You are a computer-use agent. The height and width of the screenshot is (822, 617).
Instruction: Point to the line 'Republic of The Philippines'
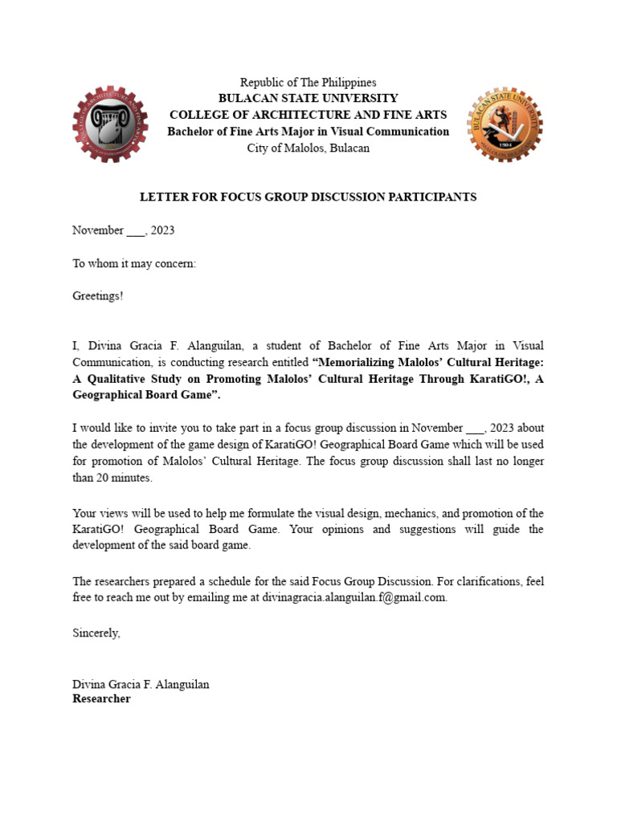pos(308,83)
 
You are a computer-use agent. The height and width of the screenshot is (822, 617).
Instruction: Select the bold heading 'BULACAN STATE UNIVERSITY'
pos(308,98)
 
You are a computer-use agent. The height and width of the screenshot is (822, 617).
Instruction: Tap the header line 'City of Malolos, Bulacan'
pos(308,149)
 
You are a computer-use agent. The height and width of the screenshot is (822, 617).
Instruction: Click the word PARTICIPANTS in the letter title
pos(434,197)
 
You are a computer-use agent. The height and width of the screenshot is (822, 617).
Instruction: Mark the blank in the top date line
pos(136,230)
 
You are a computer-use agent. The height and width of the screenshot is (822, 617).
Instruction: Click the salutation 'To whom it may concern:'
pos(134,263)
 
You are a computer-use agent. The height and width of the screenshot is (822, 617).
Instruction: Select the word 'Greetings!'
pos(98,296)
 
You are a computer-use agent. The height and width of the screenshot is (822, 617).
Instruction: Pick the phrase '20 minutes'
pos(125,478)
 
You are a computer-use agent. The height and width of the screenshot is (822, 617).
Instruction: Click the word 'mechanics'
pos(401,513)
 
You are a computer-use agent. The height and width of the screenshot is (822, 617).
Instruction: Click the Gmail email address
pos(354,598)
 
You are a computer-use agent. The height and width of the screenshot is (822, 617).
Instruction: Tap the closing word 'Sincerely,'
pos(96,633)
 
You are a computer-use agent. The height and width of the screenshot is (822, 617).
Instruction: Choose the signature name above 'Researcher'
pos(141,685)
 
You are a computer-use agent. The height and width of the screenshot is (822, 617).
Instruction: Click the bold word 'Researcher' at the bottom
pos(101,699)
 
